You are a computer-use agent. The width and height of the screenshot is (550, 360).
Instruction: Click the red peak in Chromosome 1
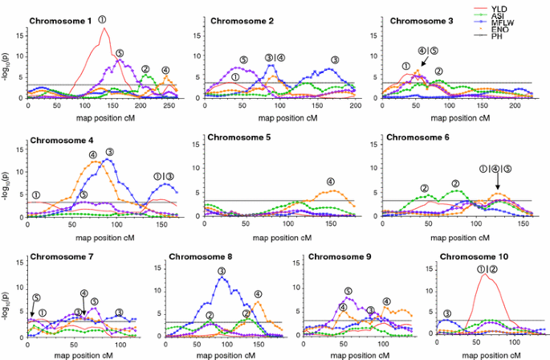104,29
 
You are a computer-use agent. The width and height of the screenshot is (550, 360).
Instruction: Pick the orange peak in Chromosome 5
333,190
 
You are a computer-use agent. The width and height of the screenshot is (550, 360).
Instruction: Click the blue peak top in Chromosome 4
106,160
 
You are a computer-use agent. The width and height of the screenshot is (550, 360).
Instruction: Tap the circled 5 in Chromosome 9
348,292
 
